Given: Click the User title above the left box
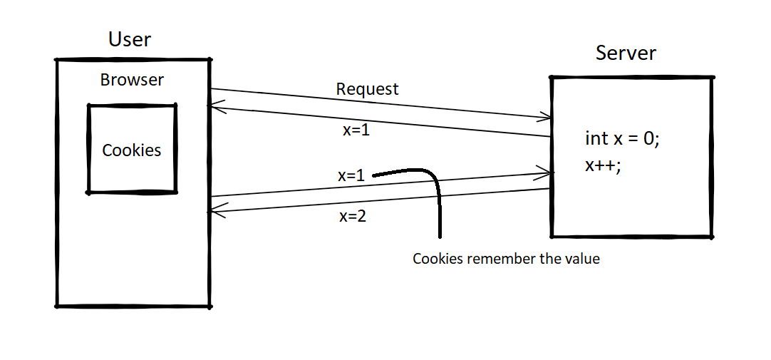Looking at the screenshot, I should pyautogui.click(x=130, y=38).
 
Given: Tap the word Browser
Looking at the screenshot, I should pyautogui.click(x=132, y=80).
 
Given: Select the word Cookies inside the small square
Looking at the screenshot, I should pyautogui.click(x=132, y=150).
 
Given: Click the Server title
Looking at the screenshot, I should pyautogui.click(x=626, y=53).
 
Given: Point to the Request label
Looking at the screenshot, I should pyautogui.click(x=367, y=89).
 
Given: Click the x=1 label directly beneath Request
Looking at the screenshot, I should pyautogui.click(x=356, y=131).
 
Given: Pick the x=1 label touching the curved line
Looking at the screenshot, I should pyautogui.click(x=351, y=175).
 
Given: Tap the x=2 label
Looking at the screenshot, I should pyautogui.click(x=353, y=217).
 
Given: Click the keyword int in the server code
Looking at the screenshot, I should pyautogui.click(x=597, y=138).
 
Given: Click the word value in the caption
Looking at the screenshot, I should pyautogui.click(x=582, y=259).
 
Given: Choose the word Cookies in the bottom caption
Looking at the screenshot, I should pyautogui.click(x=437, y=259).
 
